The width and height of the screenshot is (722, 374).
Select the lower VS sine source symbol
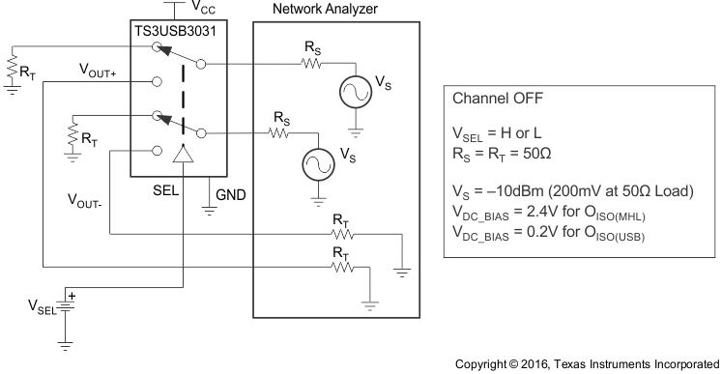tap(318, 163)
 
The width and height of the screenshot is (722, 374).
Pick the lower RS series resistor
tap(279, 134)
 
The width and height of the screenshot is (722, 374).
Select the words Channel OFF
tap(498, 100)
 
